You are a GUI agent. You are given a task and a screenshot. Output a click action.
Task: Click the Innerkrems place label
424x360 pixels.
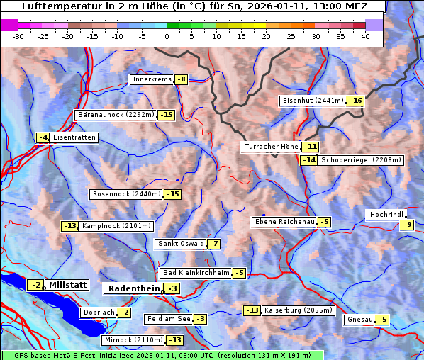click(x=152, y=79)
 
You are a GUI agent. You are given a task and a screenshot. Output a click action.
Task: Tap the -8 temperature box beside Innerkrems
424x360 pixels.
click(x=182, y=79)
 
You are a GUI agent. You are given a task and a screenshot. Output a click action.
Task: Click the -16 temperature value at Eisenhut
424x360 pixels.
click(x=355, y=101)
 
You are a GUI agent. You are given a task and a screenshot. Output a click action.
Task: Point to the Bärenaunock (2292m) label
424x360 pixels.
click(x=115, y=114)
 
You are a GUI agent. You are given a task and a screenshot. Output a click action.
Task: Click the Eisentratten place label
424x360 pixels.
click(x=74, y=137)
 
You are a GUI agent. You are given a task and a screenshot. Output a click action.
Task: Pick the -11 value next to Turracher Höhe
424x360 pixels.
click(x=310, y=147)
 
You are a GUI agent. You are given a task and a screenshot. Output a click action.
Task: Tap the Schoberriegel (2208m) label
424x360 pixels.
click(x=361, y=160)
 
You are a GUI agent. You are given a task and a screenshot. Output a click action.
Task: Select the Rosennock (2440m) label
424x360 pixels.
click(x=126, y=194)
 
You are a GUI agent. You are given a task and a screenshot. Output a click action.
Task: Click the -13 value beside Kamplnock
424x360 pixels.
click(x=69, y=226)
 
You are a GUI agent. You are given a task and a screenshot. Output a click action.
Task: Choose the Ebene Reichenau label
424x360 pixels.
click(x=284, y=222)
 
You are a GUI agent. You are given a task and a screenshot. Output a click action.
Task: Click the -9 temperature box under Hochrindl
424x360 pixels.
click(x=407, y=225)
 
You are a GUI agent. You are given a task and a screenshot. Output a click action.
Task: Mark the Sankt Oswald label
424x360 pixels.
click(x=180, y=244)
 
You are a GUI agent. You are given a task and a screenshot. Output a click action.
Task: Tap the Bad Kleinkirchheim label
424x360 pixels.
click(x=196, y=273)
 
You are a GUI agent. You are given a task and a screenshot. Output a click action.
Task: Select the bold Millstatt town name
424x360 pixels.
click(x=68, y=285)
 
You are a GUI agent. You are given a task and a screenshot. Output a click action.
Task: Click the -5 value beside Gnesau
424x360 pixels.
click(x=382, y=320)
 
